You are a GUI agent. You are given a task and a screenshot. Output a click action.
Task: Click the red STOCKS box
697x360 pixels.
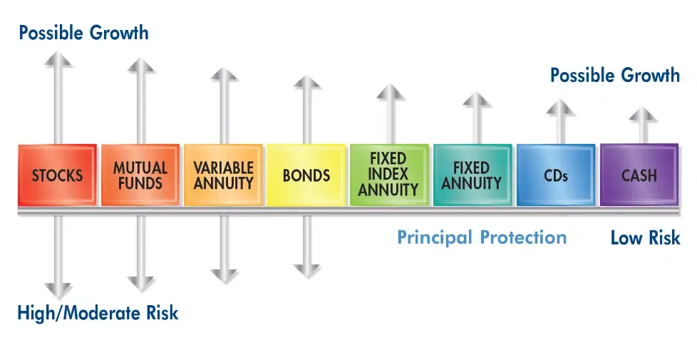click(57, 175)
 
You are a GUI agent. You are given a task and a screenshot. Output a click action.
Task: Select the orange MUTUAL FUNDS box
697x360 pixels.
click(140, 175)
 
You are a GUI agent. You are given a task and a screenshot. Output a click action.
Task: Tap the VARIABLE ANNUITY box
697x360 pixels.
click(224, 175)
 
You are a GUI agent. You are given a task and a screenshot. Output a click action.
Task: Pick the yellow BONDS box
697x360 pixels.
click(306, 175)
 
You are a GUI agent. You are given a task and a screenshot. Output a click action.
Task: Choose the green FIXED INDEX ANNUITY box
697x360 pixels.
click(389, 175)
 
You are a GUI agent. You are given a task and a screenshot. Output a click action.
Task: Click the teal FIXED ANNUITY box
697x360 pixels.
click(472, 175)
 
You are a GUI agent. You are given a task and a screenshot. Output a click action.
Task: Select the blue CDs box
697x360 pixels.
click(556, 175)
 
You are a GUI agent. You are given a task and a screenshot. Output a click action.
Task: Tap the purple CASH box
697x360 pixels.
click(639, 175)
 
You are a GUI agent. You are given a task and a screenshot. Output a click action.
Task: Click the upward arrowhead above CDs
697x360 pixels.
click(560, 106)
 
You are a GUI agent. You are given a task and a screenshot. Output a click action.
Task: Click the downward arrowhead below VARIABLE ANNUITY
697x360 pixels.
click(224, 274)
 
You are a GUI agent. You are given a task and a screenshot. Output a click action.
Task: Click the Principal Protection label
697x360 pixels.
click(482, 237)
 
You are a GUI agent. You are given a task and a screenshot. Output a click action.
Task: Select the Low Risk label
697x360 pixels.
click(645, 238)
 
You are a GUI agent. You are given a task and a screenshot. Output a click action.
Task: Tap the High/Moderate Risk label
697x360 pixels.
click(98, 312)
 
